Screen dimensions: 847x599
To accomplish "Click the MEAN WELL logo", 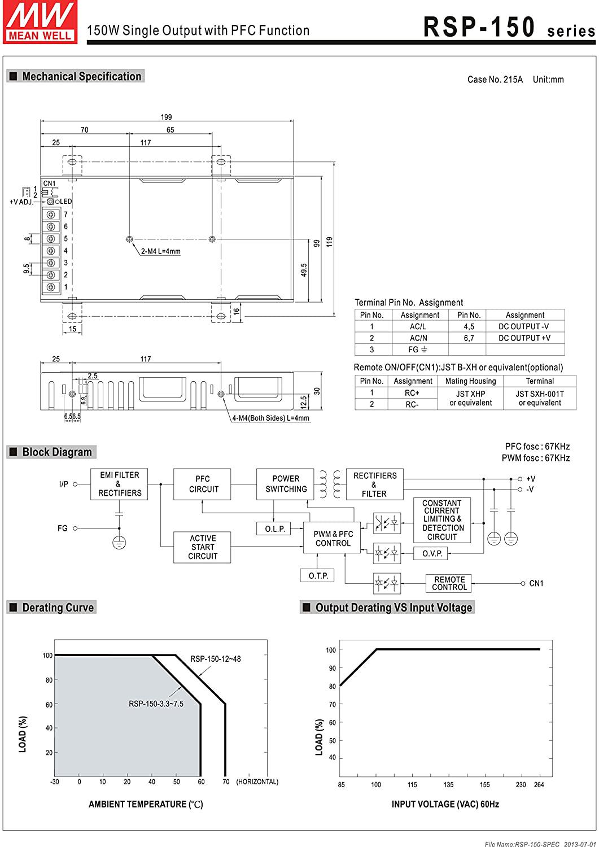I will tap(40, 21).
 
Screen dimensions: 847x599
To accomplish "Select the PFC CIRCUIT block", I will tap(203, 484).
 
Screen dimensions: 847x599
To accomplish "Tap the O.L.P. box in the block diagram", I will tap(274, 529).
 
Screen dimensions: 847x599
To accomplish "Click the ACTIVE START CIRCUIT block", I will tap(203, 547).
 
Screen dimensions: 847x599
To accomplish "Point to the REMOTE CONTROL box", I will tap(449, 583).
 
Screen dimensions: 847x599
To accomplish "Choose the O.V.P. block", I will tap(432, 553).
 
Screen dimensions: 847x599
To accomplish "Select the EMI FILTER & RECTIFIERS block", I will tap(119, 484).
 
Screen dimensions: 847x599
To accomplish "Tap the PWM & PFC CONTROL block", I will tap(333, 538).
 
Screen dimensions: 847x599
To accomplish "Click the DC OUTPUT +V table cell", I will tap(524, 338).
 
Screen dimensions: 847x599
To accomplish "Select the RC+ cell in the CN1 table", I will tap(412, 392).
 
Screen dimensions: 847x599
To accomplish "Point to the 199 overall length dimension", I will tap(166, 117).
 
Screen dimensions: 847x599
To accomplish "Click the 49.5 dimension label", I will tap(304, 269).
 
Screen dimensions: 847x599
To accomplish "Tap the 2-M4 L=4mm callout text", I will tap(161, 251).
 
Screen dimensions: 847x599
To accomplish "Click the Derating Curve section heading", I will tap(58, 608).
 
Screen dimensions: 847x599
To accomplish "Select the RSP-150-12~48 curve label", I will tap(215, 658).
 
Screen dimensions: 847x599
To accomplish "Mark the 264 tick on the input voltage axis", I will tap(539, 784).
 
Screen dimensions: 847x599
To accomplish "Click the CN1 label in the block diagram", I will tap(536, 583).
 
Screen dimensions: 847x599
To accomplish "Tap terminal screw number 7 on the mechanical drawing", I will tap(52, 215).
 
